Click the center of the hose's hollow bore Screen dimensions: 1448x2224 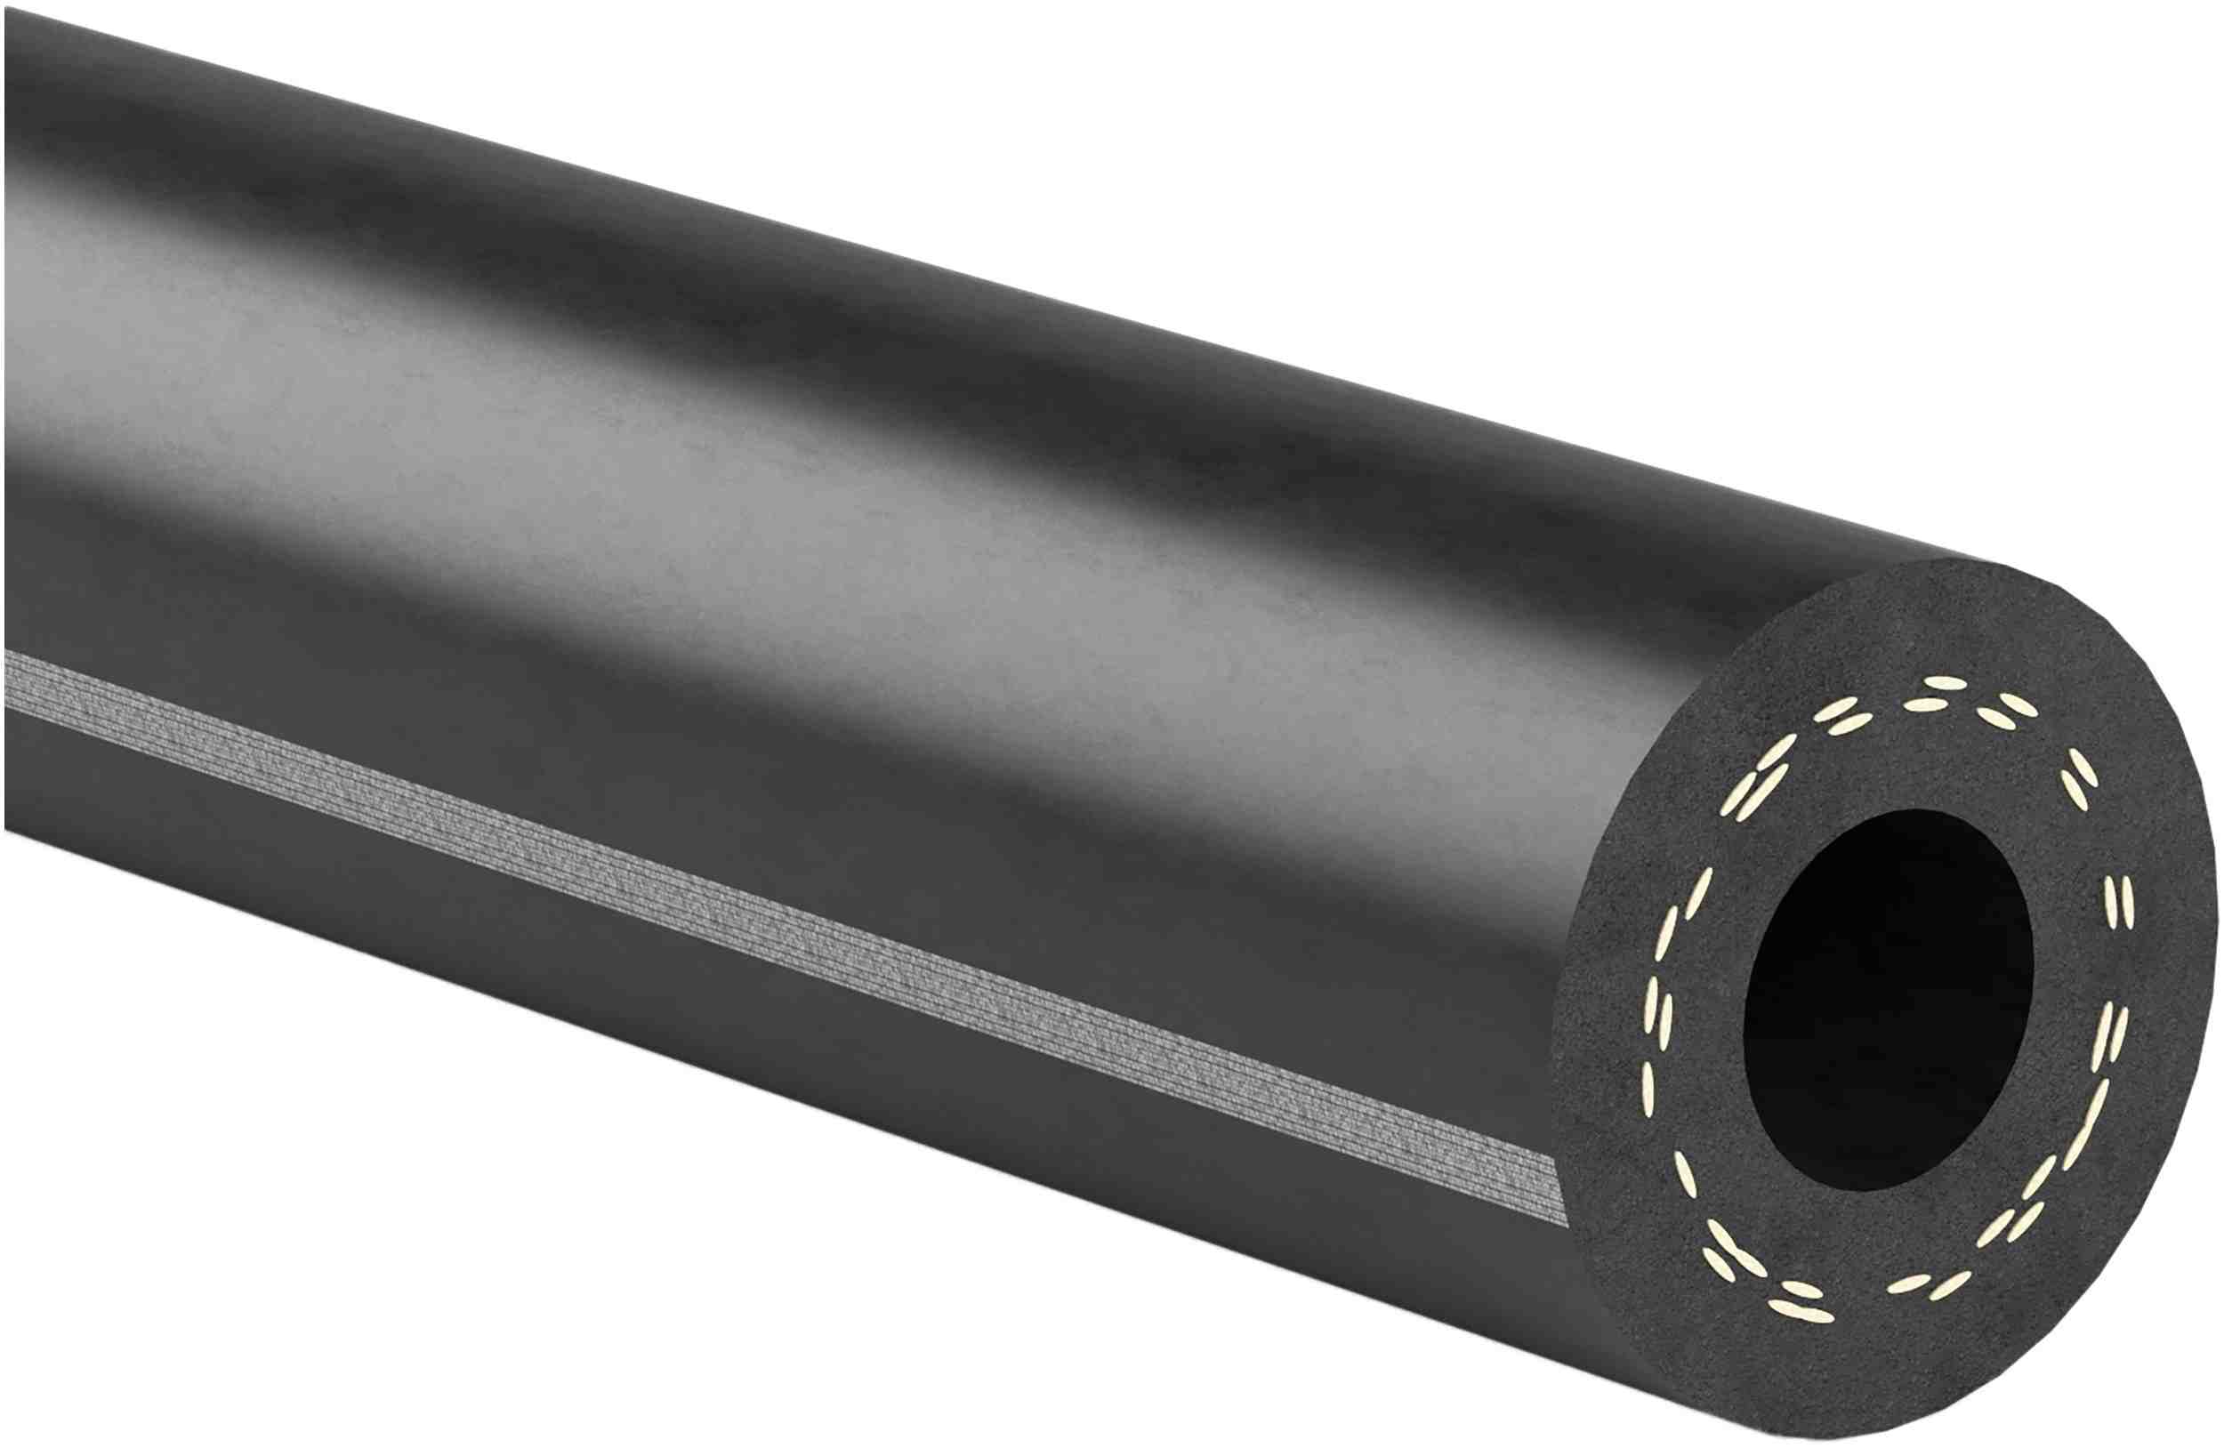pos(1888,1000)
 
